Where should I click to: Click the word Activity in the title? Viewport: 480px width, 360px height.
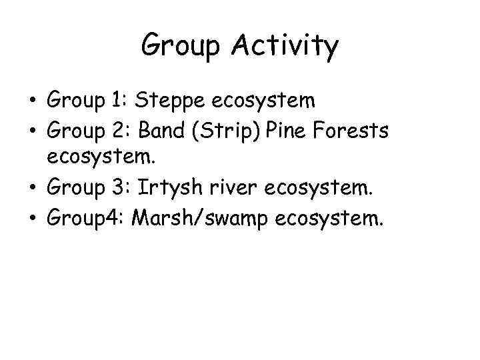point(286,47)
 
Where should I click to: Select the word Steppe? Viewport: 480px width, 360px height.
point(171,101)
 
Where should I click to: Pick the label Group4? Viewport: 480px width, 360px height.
point(85,219)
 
